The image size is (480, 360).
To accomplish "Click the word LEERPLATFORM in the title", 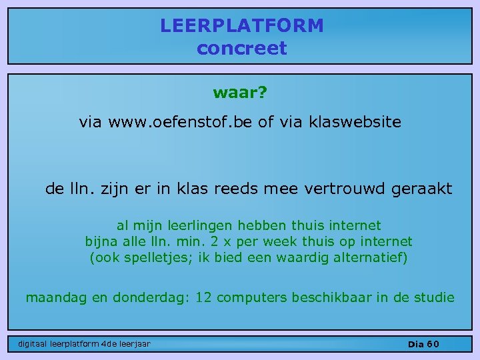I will coord(241,26).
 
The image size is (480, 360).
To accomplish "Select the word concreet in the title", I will coord(241,49).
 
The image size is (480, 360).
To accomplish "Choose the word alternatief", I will coord(370,257).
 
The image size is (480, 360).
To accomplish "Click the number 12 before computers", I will coord(205,297).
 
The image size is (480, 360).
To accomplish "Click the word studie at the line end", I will coord(434,297).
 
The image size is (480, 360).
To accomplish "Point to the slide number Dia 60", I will coord(423,344).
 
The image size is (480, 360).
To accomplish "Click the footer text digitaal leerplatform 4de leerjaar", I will coord(84,344).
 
